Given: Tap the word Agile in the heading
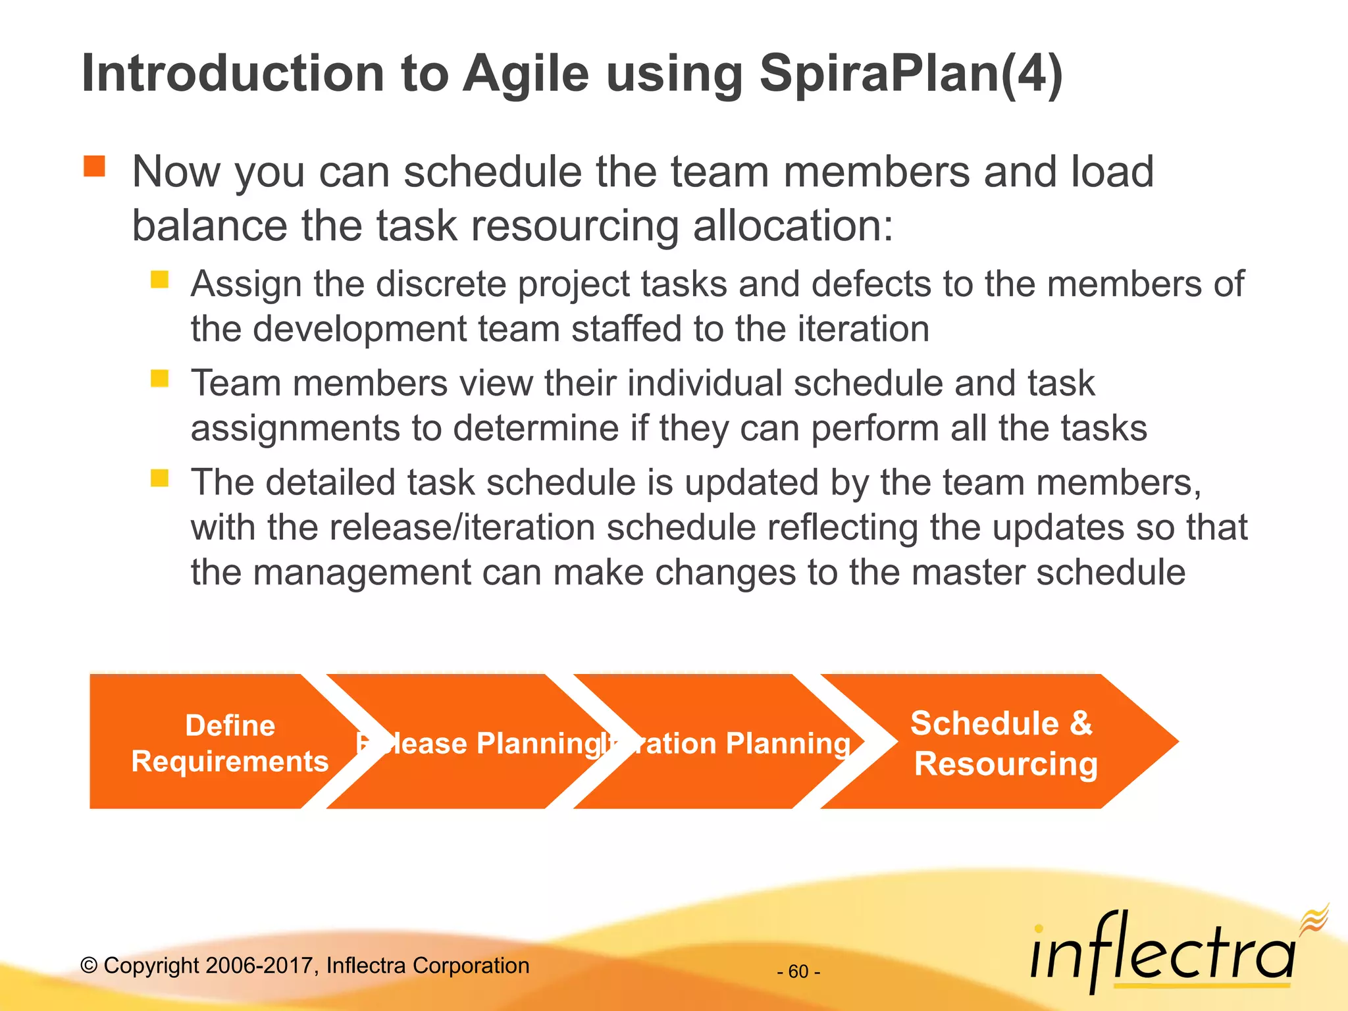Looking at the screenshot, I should (525, 74).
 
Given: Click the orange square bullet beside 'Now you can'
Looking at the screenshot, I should (94, 167).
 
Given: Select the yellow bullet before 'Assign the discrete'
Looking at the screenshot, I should (159, 280).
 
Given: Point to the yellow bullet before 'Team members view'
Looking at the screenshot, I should (159, 378).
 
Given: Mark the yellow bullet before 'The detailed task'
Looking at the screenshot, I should (159, 478).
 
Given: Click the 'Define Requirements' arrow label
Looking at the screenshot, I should (230, 743).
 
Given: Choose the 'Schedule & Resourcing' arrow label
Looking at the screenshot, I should (1004, 743).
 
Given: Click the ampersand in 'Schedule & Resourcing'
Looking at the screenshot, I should (1081, 723).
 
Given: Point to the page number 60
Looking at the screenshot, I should (798, 972).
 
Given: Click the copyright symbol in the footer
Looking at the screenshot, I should (89, 966).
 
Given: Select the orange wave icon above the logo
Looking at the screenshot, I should (1314, 918).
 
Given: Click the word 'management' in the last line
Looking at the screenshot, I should (361, 572).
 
